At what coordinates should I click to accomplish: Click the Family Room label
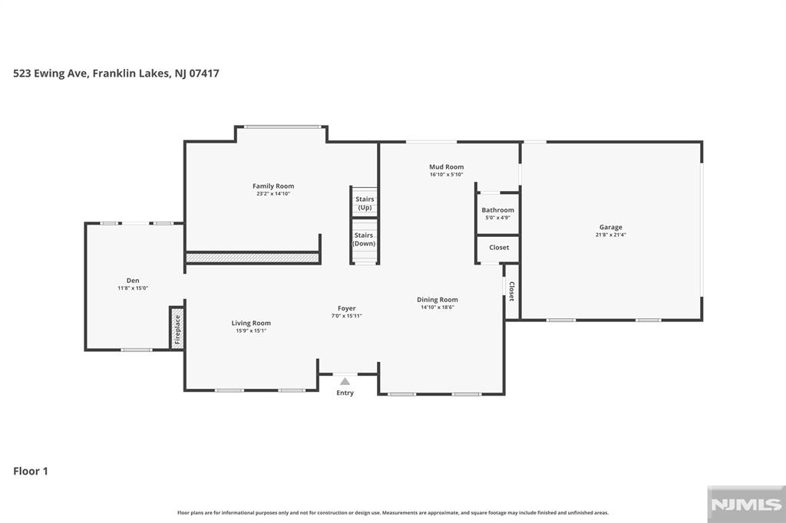point(273,186)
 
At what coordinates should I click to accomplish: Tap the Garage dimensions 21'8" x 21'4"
point(610,235)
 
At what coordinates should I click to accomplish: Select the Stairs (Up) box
point(365,202)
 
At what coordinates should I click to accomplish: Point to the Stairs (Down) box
point(364,240)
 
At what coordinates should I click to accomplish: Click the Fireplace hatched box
point(177,327)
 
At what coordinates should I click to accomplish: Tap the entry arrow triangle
point(345,381)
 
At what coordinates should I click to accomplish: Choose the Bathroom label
point(497,210)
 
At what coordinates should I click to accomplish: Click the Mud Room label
point(446,167)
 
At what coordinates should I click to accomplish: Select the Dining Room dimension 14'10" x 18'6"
point(437,307)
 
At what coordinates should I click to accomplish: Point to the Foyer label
point(346,308)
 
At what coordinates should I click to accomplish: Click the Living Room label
point(251,323)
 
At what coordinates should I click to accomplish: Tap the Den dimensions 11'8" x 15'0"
point(133,288)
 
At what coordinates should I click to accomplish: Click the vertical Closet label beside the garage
point(512,291)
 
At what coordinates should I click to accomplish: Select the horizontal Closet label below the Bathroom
point(499,248)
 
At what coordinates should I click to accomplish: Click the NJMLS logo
point(746,504)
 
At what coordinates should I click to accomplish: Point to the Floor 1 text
point(31,471)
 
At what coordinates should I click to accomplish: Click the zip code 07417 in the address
point(204,73)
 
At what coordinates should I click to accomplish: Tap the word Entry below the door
point(345,393)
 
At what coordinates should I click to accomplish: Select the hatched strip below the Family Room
point(252,258)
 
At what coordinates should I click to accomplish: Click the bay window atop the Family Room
point(281,127)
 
